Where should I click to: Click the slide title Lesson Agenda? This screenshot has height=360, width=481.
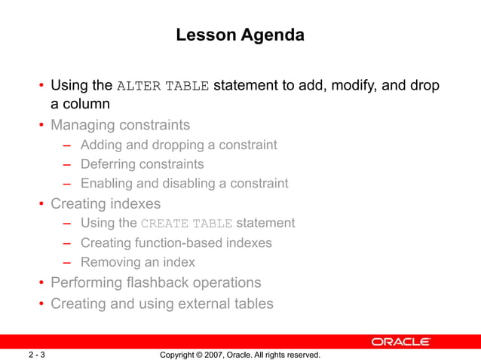point(240,35)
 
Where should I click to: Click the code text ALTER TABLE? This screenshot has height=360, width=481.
point(163,85)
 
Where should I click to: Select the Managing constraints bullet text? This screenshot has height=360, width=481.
point(120,124)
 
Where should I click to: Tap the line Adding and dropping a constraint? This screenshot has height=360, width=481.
point(179,145)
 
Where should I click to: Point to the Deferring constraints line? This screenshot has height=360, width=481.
point(142,163)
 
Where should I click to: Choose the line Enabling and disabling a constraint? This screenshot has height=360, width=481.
point(184,183)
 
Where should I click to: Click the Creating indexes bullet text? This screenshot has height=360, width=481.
point(105,203)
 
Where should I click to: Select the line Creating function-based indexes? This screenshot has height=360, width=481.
point(176,243)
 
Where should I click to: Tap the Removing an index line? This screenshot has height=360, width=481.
point(137,262)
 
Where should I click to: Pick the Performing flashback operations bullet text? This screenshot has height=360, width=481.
point(155,282)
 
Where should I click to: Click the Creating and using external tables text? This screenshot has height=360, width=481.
point(161,304)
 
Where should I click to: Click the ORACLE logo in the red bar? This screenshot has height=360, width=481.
point(400,342)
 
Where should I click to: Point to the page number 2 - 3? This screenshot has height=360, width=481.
point(38,355)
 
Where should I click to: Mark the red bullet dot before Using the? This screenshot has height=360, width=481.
point(42,86)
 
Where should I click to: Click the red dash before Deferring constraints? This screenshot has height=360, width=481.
point(67,164)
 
